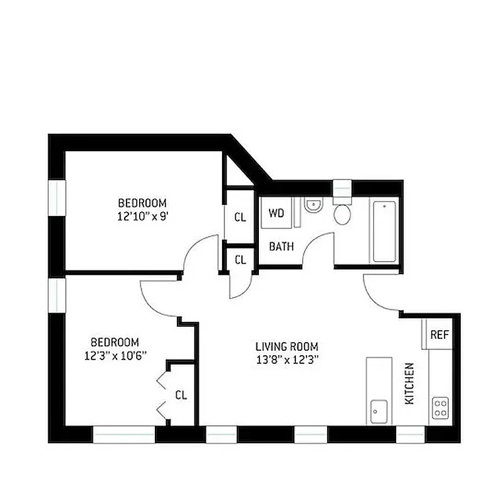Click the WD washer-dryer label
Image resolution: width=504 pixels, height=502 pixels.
point(276,213)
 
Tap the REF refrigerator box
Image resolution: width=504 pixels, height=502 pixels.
point(439,334)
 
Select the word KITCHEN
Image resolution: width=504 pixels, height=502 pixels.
point(409,383)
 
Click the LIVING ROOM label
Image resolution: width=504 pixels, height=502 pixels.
point(286,346)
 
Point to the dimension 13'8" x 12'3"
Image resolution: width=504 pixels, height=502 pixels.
point(286,360)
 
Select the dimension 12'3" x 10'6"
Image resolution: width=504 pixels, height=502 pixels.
point(115,356)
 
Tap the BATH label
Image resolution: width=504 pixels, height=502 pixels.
point(281,247)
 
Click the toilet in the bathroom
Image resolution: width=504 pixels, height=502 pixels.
point(342,212)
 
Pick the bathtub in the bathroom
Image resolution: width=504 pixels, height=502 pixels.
point(384,232)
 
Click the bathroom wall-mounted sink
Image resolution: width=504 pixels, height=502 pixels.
point(312,205)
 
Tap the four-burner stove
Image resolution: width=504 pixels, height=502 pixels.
point(441,409)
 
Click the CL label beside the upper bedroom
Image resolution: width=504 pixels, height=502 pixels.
point(240,218)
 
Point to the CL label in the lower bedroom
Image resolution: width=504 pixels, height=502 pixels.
point(181,395)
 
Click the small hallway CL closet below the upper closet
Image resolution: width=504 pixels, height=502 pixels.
point(240,259)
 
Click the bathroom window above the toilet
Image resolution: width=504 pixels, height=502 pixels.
point(342,188)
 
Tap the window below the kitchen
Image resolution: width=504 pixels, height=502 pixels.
point(411,434)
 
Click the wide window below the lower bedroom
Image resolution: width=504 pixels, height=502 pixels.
point(124,434)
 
